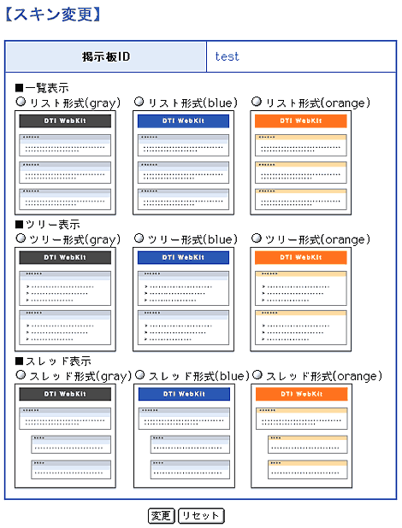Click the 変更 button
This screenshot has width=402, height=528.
pos(161,515)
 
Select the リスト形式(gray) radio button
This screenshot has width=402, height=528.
pos(21,102)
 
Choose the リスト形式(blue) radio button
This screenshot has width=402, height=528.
pos(139,102)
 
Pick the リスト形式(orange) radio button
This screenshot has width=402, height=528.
pos(257,102)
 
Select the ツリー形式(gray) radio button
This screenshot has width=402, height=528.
pos(21,238)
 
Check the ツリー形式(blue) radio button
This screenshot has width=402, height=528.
pos(139,238)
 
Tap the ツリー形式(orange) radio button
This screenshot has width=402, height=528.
pos(257,238)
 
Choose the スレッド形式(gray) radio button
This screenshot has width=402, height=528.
pos(21,374)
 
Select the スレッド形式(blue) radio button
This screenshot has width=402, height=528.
pos(140,374)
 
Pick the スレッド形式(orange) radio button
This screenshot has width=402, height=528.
pos(257,374)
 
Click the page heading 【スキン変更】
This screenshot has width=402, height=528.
pos(53,15)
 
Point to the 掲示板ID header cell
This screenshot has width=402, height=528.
pos(105,56)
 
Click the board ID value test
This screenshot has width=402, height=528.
pos(227,56)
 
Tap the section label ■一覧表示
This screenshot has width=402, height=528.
pos(42,88)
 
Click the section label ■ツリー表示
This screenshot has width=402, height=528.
pos(48,225)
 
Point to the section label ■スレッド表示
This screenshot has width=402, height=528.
pos(53,361)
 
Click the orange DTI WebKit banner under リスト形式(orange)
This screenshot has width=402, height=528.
pos(301,120)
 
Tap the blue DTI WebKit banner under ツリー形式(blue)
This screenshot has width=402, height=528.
pos(183,258)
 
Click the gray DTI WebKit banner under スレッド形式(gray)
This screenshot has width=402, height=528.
pos(65,394)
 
